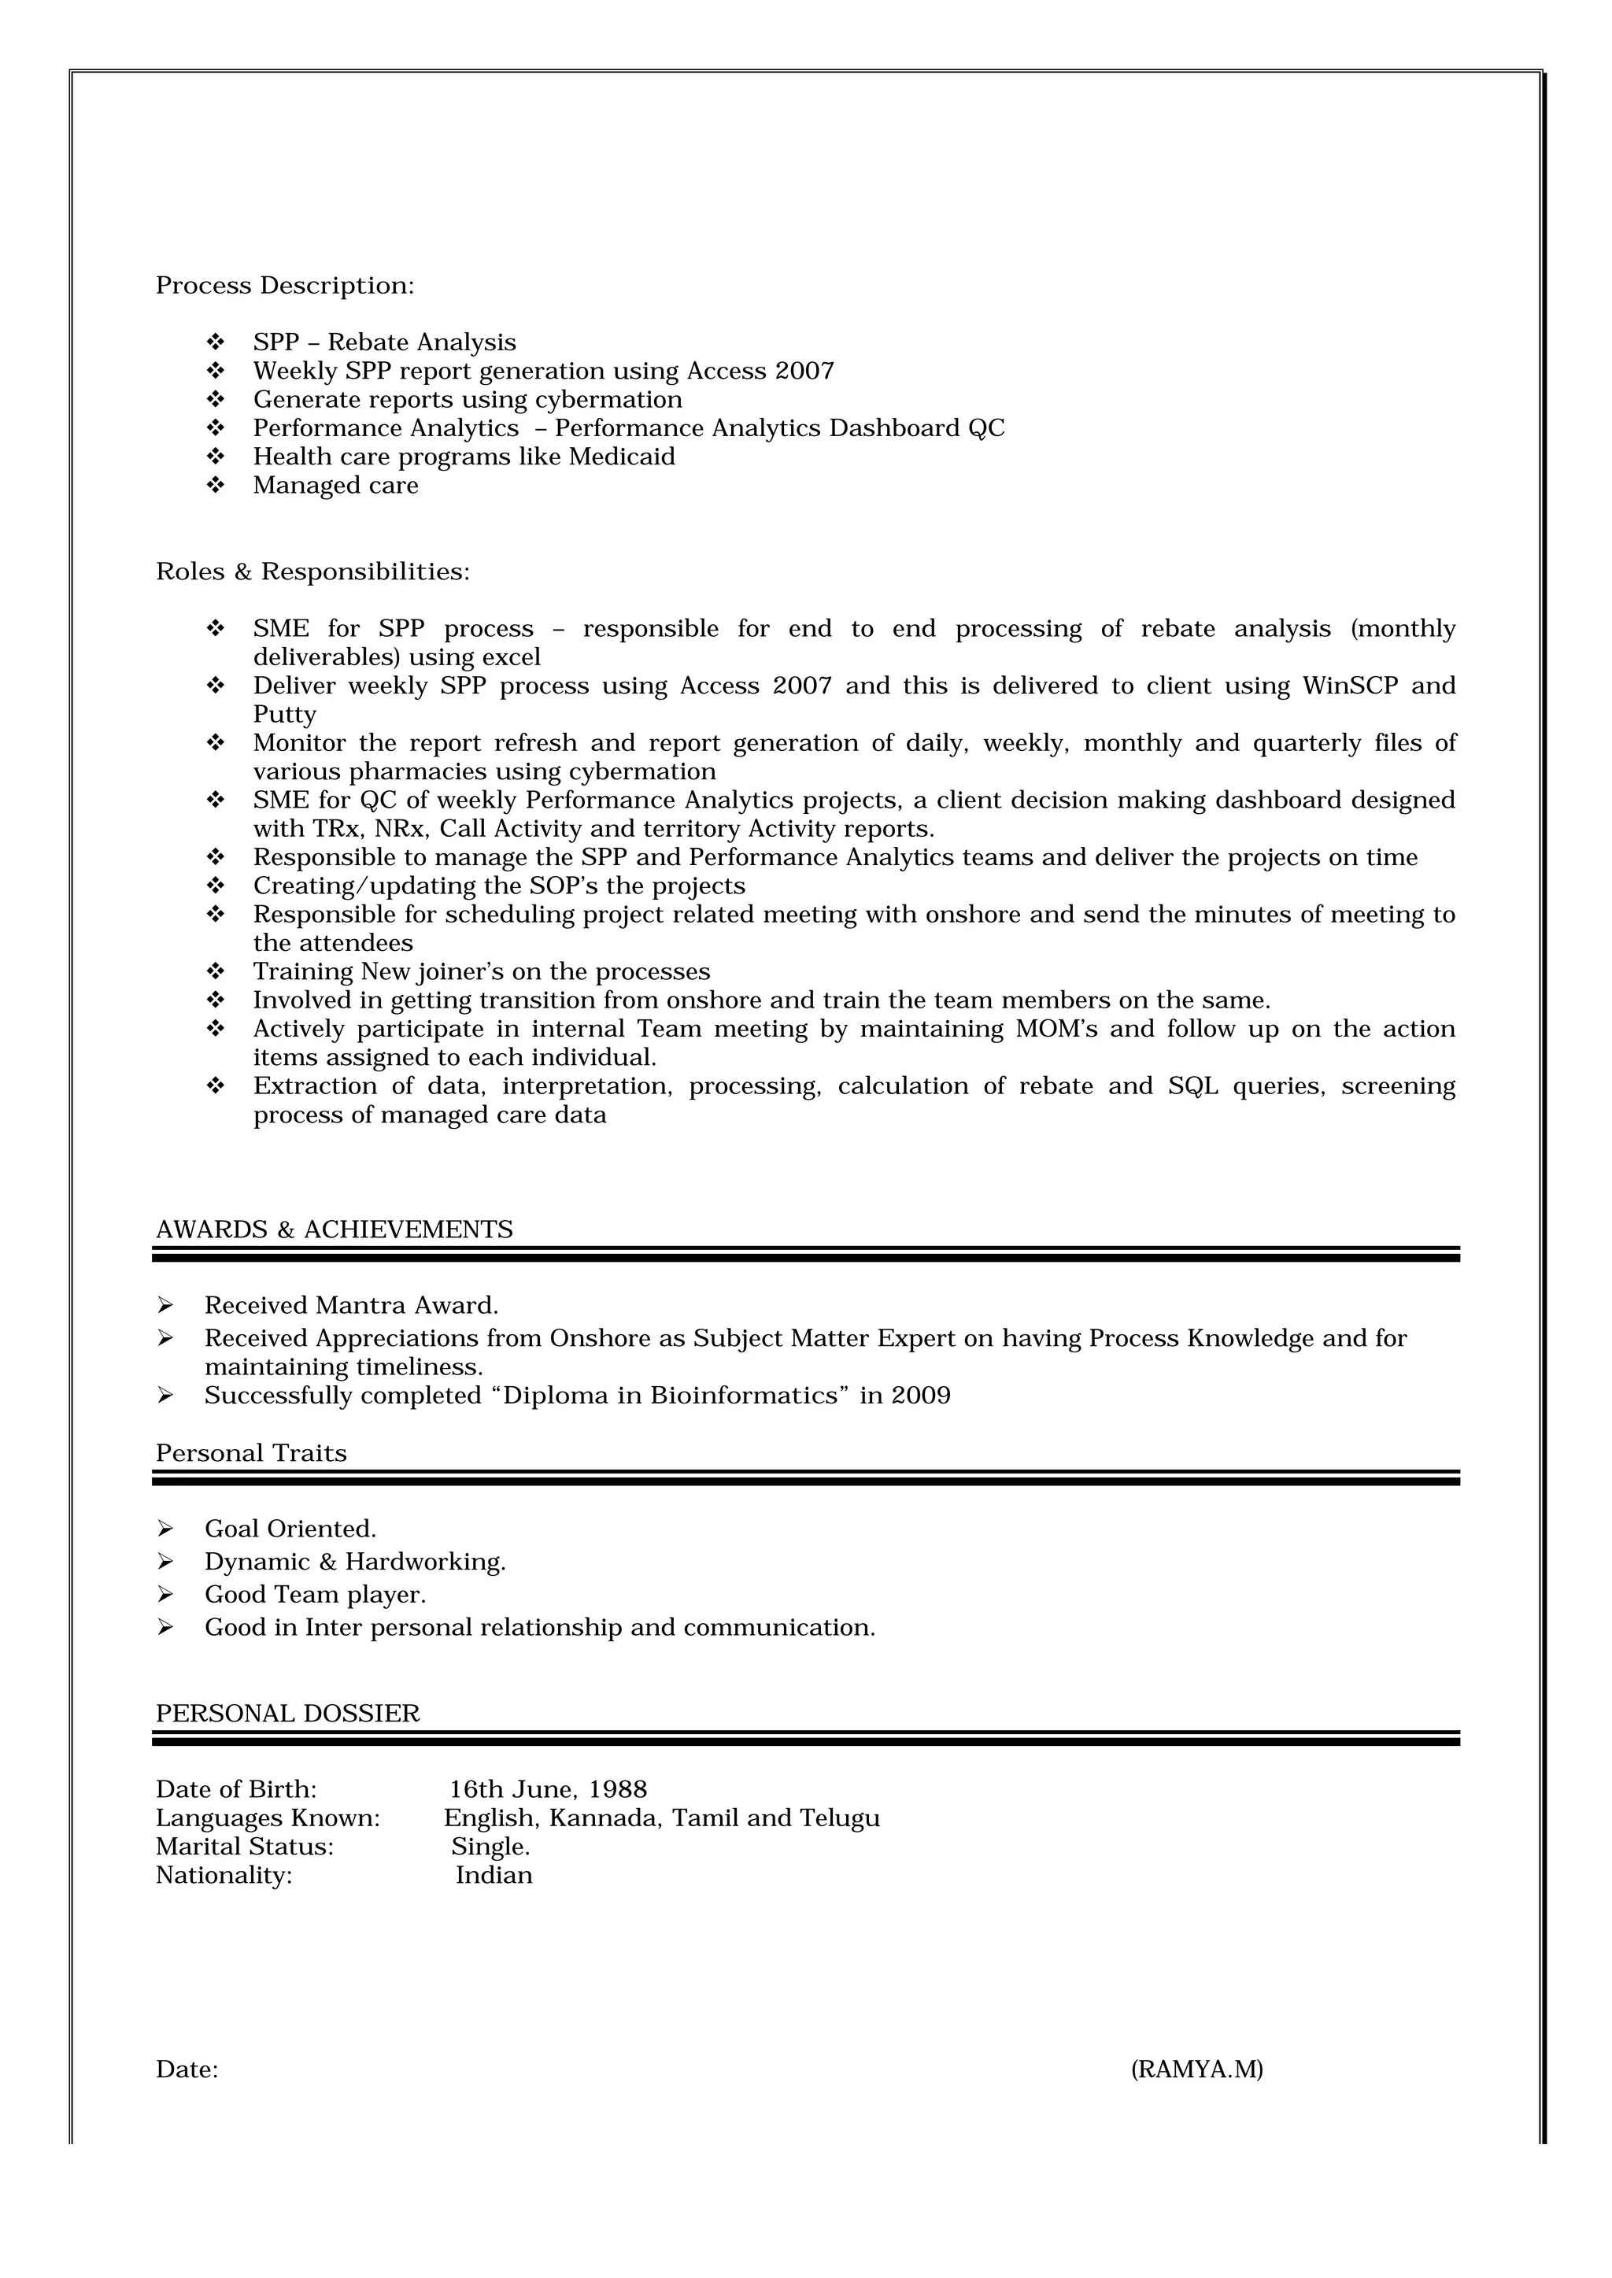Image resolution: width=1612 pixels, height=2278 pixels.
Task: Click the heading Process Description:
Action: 284,286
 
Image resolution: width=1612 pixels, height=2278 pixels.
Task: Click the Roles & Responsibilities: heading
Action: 312,573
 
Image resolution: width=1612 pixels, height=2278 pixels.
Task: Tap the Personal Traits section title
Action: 251,1453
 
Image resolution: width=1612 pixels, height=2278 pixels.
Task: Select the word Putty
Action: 284,715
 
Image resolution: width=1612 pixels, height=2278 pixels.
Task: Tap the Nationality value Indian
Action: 494,1875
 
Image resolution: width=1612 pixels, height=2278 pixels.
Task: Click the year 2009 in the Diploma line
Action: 920,1396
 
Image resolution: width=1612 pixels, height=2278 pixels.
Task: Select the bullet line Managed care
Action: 335,486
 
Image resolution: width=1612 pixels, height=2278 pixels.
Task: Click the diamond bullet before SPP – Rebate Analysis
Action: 216,342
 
